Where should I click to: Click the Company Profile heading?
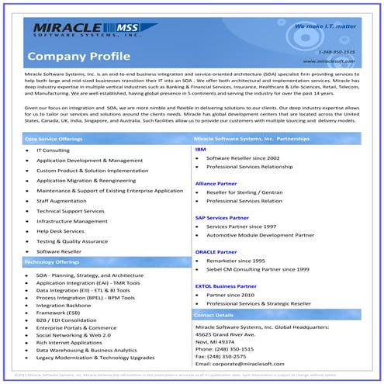[71, 56]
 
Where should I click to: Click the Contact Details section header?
[213, 316]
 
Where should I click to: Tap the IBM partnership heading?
[200, 148]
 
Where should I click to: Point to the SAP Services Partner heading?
[221, 217]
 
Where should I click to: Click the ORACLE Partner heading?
[216, 252]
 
